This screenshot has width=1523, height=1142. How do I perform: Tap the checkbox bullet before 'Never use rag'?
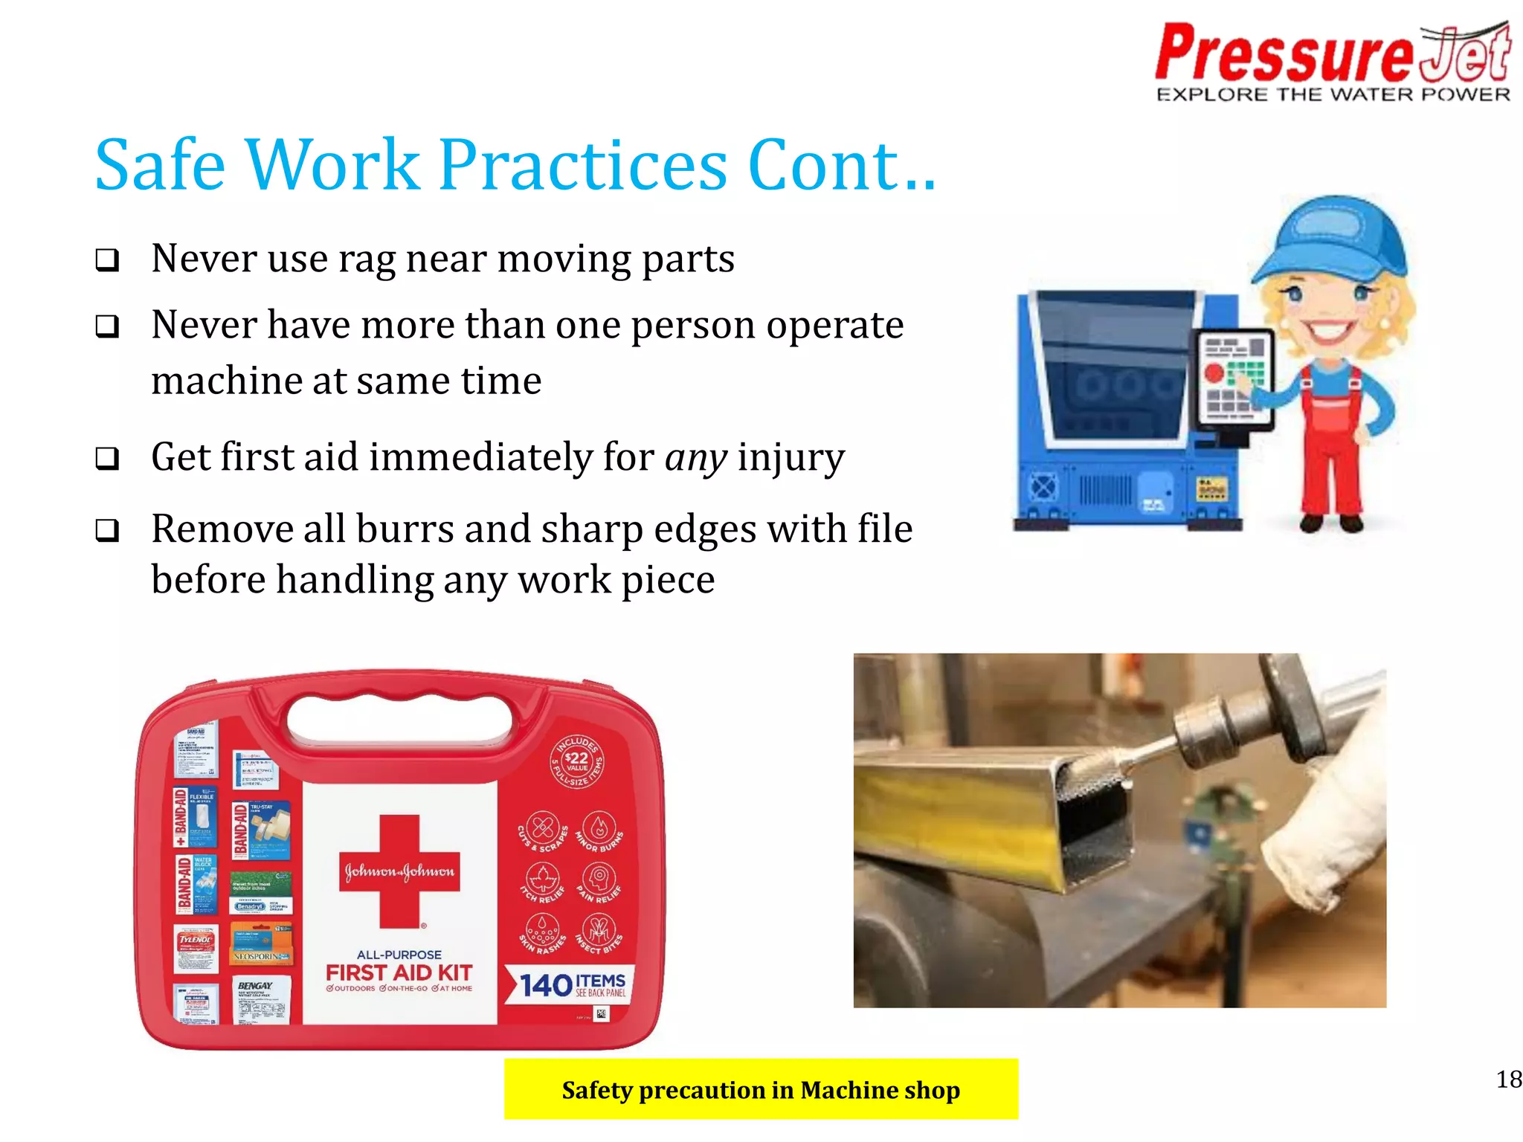(x=107, y=260)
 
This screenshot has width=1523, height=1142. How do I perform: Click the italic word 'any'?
(x=695, y=457)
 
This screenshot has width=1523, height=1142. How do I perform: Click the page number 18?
(x=1508, y=1079)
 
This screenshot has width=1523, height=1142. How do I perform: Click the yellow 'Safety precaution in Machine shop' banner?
(x=760, y=1089)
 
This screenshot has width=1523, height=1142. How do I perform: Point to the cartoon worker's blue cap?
(x=1331, y=238)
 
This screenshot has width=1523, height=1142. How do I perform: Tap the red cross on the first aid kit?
(x=399, y=871)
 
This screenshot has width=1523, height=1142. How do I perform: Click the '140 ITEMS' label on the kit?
(x=571, y=985)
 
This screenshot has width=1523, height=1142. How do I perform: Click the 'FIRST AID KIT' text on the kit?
(x=399, y=972)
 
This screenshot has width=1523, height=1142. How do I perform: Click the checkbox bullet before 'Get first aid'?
(x=107, y=458)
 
